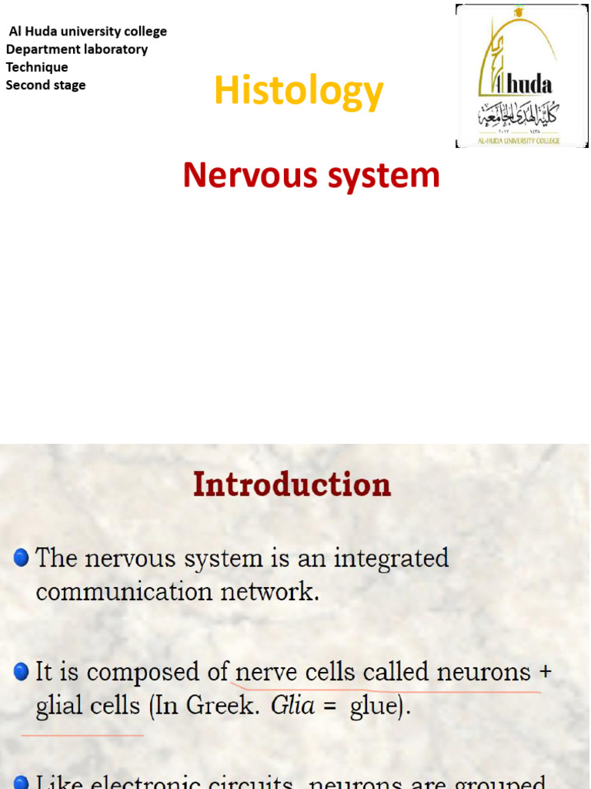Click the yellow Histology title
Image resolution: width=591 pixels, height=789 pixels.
point(299,92)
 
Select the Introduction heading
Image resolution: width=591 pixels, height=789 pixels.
point(292,485)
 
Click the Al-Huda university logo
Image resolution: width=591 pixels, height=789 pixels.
point(522,76)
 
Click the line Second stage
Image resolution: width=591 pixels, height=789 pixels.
point(46,85)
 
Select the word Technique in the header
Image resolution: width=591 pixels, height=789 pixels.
point(37,67)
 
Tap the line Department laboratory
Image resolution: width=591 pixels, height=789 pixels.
point(77,49)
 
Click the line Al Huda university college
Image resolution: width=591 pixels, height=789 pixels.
point(88,32)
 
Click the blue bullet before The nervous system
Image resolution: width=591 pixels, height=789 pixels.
point(22,557)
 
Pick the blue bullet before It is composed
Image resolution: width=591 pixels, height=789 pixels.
point(22,672)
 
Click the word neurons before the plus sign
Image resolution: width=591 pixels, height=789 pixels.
point(484,672)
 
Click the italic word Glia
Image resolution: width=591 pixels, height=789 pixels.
point(292,706)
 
